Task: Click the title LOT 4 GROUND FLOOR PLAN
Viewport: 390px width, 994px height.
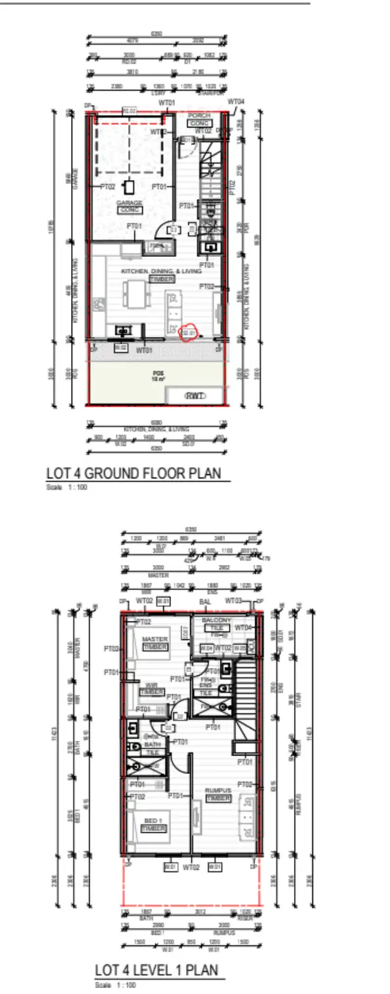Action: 134,474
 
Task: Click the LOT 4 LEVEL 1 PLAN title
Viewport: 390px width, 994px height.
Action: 156,970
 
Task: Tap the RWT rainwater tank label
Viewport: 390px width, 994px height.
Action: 195,396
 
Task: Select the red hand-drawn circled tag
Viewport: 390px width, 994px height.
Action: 189,333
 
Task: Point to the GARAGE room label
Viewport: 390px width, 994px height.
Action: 130,203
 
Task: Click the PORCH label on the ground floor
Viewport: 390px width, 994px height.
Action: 199,116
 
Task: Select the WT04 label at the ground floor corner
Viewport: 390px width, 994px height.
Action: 236,102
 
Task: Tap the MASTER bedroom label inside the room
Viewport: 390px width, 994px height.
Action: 155,639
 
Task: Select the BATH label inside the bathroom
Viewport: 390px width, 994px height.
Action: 152,745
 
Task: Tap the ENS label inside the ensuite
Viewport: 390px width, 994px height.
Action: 205,685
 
